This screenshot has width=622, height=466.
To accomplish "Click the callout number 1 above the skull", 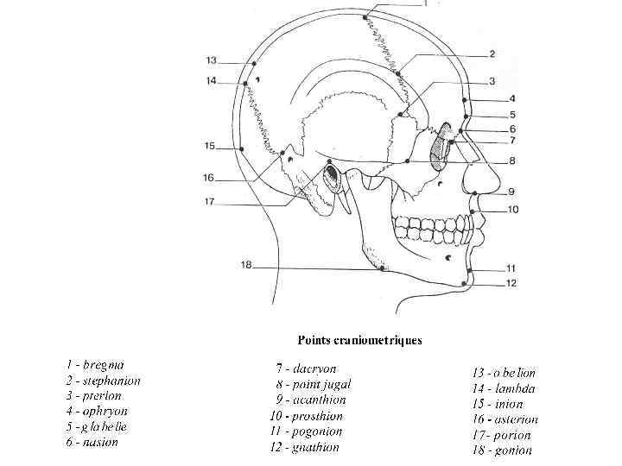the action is coord(424,3).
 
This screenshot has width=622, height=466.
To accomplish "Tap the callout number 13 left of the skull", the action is coord(211,60).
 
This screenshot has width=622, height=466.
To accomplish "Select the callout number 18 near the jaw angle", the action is coord(246,266).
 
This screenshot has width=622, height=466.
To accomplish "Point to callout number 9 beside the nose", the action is coord(511,192).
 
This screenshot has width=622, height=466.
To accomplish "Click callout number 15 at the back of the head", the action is coord(209,147).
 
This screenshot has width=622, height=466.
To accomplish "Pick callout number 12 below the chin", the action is coord(511,283).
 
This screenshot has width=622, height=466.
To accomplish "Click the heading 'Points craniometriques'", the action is coord(360,340).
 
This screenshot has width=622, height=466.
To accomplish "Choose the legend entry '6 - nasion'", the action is coord(92,442).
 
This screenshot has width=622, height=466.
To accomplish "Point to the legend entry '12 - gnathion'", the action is coord(304,447).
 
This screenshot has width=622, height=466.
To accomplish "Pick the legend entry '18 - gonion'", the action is coord(501,450).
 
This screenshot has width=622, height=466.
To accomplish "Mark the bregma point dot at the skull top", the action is coord(366,16).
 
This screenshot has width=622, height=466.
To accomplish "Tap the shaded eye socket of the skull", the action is coord(442,143).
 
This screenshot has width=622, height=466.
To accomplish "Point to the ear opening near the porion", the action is coord(332,178).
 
